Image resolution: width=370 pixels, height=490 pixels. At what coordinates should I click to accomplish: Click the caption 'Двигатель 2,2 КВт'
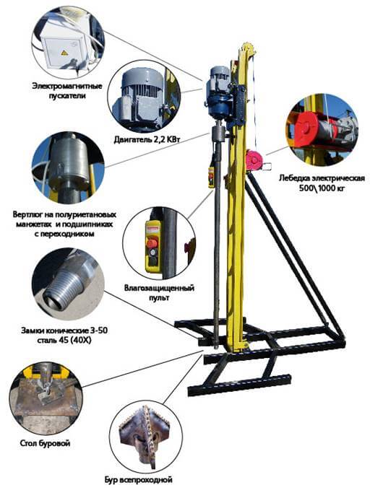click(147, 139)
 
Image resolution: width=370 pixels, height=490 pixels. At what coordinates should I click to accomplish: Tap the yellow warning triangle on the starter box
click(64, 53)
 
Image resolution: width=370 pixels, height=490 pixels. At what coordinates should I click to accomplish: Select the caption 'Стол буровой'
click(45, 443)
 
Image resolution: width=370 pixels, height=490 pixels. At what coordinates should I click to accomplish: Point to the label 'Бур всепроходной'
click(139, 479)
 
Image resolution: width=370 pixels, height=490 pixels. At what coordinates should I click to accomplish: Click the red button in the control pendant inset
click(152, 242)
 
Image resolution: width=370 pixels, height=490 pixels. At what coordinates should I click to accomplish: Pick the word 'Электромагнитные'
click(67, 86)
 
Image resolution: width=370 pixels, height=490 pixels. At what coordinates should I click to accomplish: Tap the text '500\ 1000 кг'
click(322, 188)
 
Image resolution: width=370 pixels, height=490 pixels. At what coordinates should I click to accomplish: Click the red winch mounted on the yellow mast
click(255, 160)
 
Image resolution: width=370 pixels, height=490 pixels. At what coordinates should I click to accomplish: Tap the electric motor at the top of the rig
click(219, 92)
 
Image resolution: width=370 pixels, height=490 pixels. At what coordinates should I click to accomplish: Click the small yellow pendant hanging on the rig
click(212, 178)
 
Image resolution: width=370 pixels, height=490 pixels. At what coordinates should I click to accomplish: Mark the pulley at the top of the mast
click(247, 50)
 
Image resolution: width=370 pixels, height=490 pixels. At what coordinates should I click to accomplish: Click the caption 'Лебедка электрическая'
click(322, 178)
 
